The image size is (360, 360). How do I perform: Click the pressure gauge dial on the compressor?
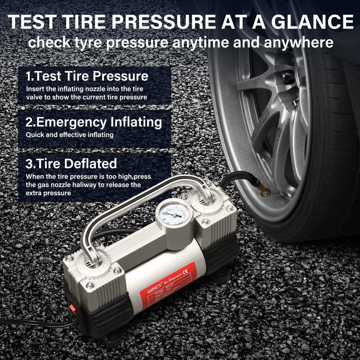click(174, 215)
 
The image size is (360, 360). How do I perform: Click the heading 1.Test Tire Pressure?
click(87, 76)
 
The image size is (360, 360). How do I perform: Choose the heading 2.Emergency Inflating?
click(94, 122)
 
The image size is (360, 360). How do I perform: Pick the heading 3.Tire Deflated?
click(71, 163)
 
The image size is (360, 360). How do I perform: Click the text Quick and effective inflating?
click(69, 135)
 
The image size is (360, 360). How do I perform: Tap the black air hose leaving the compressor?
click(234, 178)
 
